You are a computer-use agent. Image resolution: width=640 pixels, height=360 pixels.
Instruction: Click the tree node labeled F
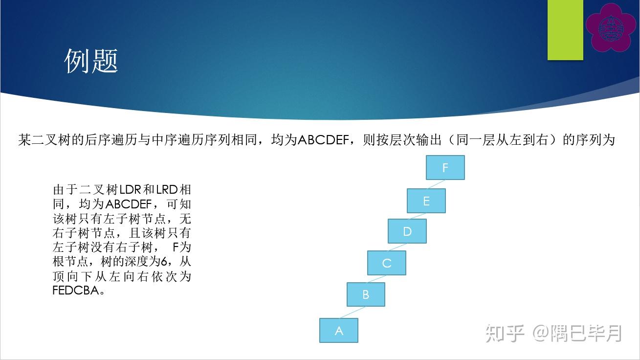[x=445, y=168]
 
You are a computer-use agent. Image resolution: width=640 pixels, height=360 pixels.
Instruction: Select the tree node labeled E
[x=426, y=201]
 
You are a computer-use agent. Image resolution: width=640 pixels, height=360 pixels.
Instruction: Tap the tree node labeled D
[x=407, y=231]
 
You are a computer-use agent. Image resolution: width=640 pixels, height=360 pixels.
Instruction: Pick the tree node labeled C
[x=386, y=263]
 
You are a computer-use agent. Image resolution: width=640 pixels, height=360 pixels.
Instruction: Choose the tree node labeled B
[x=366, y=295]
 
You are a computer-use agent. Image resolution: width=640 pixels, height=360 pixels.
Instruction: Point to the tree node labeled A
[x=339, y=331]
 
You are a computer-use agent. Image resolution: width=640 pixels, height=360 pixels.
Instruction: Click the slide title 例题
[x=91, y=62]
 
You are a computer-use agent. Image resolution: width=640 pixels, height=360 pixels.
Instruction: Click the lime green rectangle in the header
[x=565, y=30]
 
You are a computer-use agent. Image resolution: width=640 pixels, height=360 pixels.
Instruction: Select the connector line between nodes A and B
[x=353, y=313]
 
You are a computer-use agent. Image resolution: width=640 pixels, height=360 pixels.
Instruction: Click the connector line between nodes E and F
[x=435, y=184]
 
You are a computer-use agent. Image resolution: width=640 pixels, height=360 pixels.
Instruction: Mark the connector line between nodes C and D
[x=397, y=247]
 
